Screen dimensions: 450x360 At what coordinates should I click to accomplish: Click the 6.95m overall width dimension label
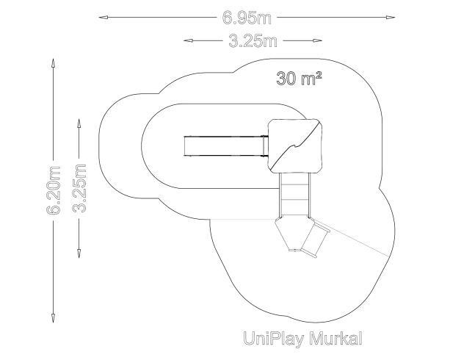pyautogui.click(x=247, y=18)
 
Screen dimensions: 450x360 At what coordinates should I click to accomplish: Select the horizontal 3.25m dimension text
pyautogui.click(x=253, y=41)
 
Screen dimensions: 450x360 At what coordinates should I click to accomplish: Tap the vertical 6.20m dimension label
pyautogui.click(x=54, y=190)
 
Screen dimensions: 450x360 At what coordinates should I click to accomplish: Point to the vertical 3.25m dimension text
pyautogui.click(x=79, y=188)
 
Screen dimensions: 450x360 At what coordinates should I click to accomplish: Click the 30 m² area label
pyautogui.click(x=299, y=78)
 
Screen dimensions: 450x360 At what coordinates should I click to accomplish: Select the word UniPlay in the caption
pyautogui.click(x=273, y=339)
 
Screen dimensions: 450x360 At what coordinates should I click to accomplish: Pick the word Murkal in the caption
pyautogui.click(x=335, y=338)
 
